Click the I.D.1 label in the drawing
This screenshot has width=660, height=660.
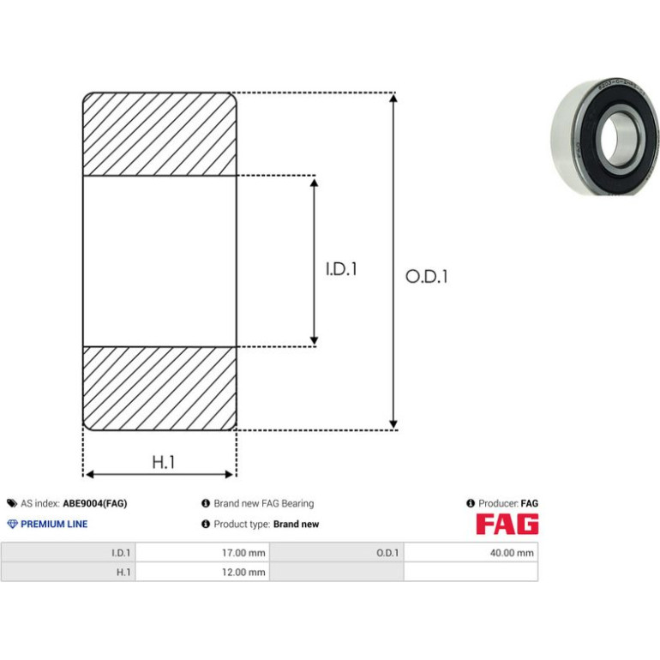click(341, 269)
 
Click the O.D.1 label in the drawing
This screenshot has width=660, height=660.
click(426, 277)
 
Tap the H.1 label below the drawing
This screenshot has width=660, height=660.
click(164, 462)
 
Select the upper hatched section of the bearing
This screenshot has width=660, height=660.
click(159, 134)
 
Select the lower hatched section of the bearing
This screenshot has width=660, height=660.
click(159, 388)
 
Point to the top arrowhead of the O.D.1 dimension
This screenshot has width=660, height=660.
click(393, 98)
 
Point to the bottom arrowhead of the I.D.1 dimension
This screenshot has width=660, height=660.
click(314, 341)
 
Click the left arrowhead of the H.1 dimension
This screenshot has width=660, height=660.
click(90, 474)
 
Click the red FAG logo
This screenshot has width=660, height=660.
click(507, 524)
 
